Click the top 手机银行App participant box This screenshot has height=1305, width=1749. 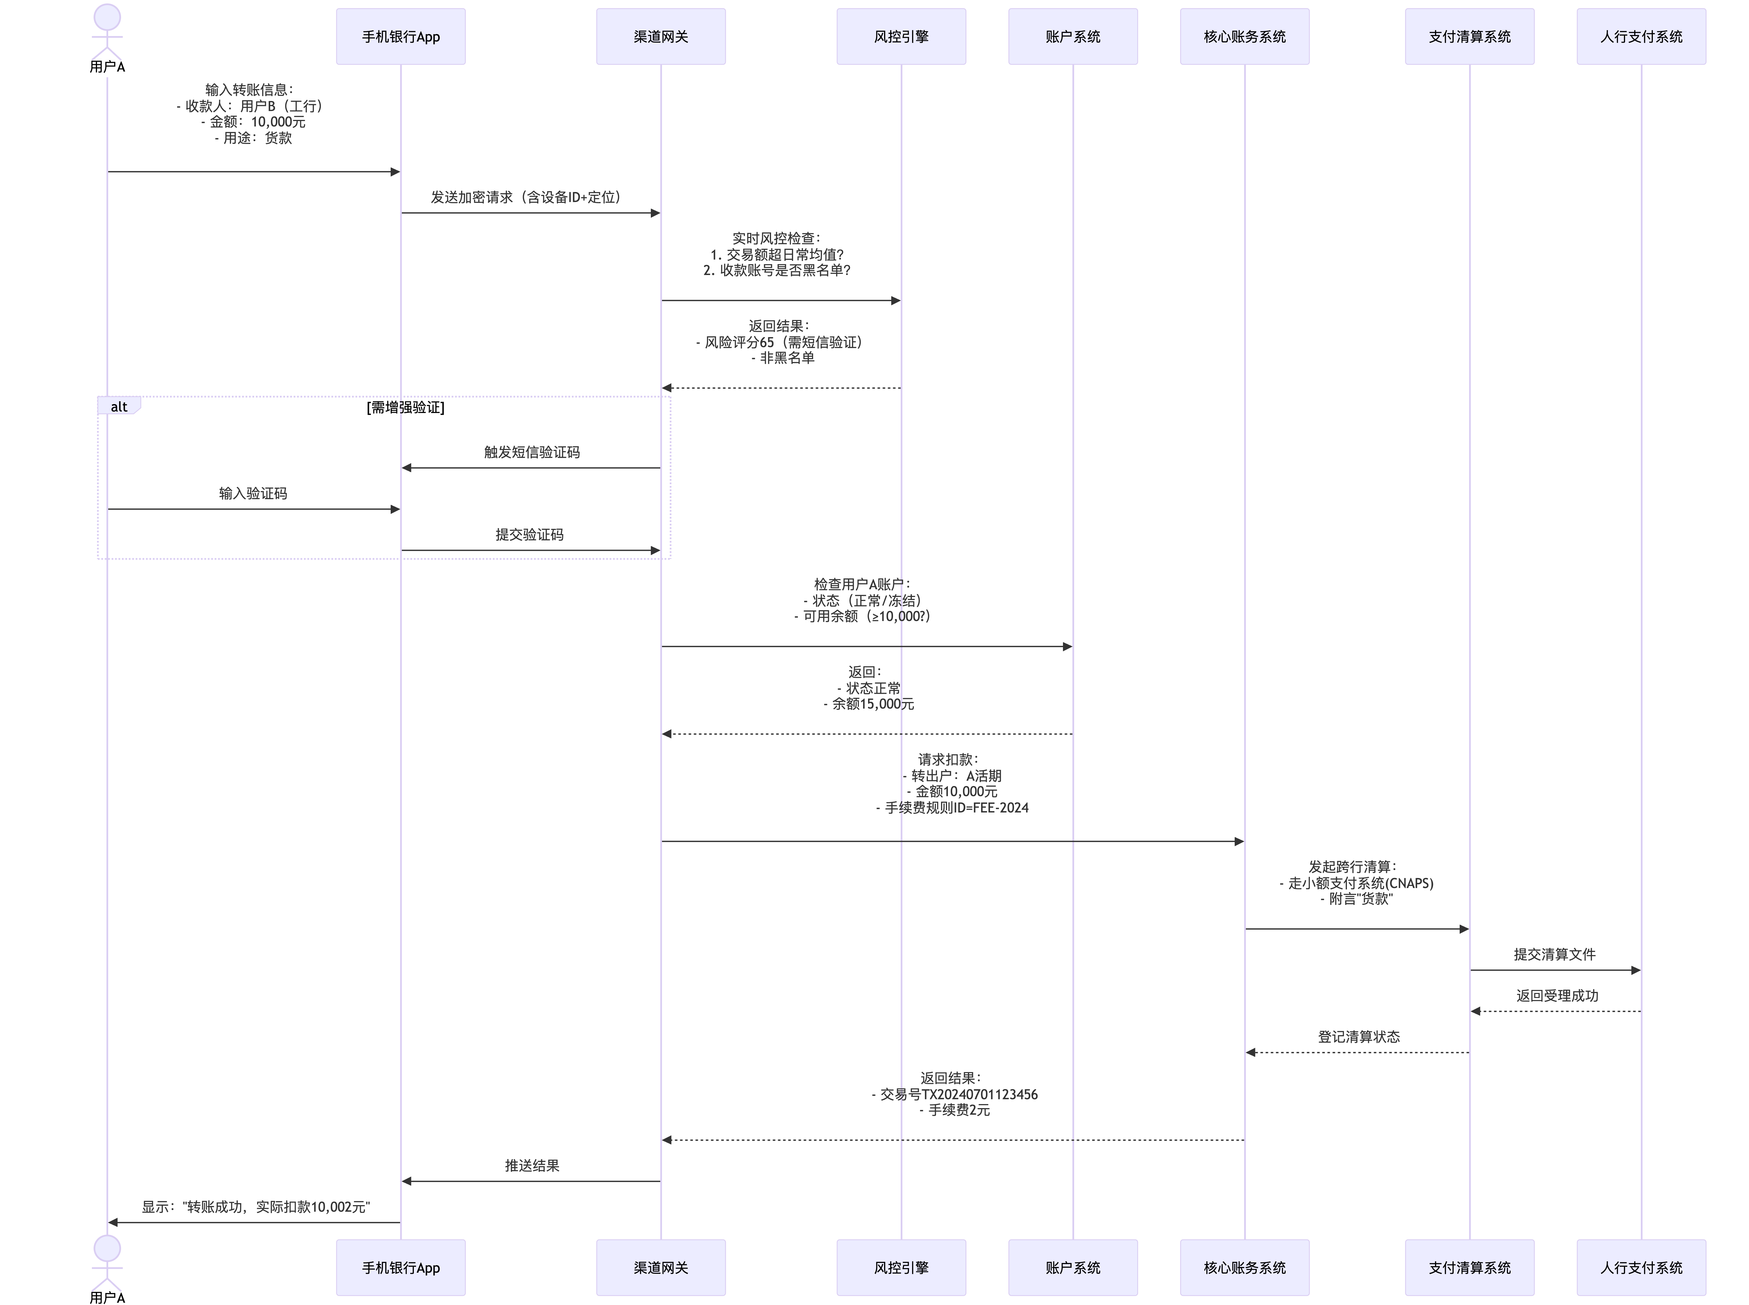coord(400,36)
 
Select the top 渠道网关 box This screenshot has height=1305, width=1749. coord(660,36)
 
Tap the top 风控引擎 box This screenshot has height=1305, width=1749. coord(901,36)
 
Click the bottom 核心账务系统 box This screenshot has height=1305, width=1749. coord(1244,1267)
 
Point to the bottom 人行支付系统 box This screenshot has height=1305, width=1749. coord(1641,1267)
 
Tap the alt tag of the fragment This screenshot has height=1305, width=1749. coord(118,407)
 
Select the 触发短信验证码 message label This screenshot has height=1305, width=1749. coord(532,452)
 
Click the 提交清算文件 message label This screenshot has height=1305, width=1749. coord(1554,954)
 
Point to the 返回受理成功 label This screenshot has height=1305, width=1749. coord(1556,995)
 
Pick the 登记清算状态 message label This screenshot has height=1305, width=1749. coord(1358,1037)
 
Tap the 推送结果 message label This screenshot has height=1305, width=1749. coord(532,1165)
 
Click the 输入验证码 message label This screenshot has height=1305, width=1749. coord(253,493)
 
